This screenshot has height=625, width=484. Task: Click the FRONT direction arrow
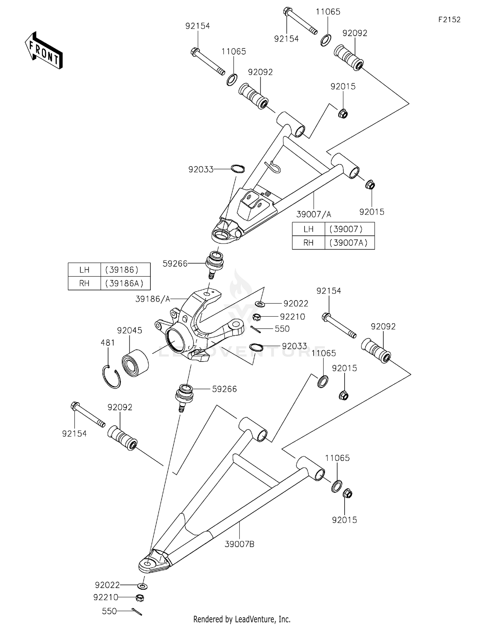[x=44, y=51]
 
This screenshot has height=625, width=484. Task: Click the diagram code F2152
[x=449, y=20]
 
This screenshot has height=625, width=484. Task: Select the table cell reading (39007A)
[x=349, y=243]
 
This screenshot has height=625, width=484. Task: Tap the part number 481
[x=107, y=342]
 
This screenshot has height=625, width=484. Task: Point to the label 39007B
[x=239, y=544]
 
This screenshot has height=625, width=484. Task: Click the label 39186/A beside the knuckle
[x=153, y=299]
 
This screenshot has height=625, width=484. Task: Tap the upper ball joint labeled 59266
[x=215, y=262]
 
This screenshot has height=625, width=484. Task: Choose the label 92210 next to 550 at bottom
[x=106, y=598]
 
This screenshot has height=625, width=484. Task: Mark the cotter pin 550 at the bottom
[x=137, y=611]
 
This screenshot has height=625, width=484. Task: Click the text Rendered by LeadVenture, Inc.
[x=242, y=619]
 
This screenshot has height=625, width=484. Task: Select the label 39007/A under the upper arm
[x=314, y=214]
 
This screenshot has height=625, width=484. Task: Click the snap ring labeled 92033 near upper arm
[x=238, y=168]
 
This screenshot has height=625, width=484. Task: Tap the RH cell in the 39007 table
[x=308, y=243]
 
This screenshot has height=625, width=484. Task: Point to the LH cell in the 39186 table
[x=84, y=270]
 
